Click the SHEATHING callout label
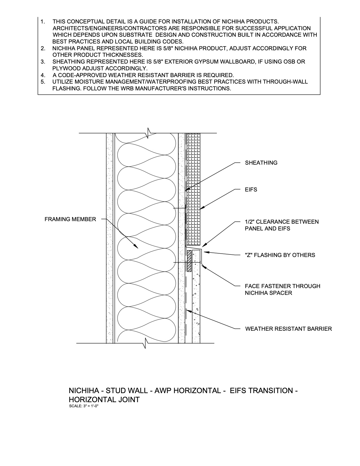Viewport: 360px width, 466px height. click(261, 163)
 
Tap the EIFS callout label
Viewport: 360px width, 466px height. click(251, 190)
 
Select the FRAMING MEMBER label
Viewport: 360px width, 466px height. click(70, 219)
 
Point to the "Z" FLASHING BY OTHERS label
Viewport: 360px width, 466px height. click(280, 255)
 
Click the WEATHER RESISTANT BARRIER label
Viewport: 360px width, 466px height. click(289, 329)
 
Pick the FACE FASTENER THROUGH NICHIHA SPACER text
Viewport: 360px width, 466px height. click(282, 289)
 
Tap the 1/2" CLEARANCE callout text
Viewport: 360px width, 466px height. click(282, 225)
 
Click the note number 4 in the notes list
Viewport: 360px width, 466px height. click(43, 75)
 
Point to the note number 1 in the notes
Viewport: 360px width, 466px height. click(43, 21)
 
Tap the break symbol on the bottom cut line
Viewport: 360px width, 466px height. click(146, 344)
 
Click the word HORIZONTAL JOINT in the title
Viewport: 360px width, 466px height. click(104, 400)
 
